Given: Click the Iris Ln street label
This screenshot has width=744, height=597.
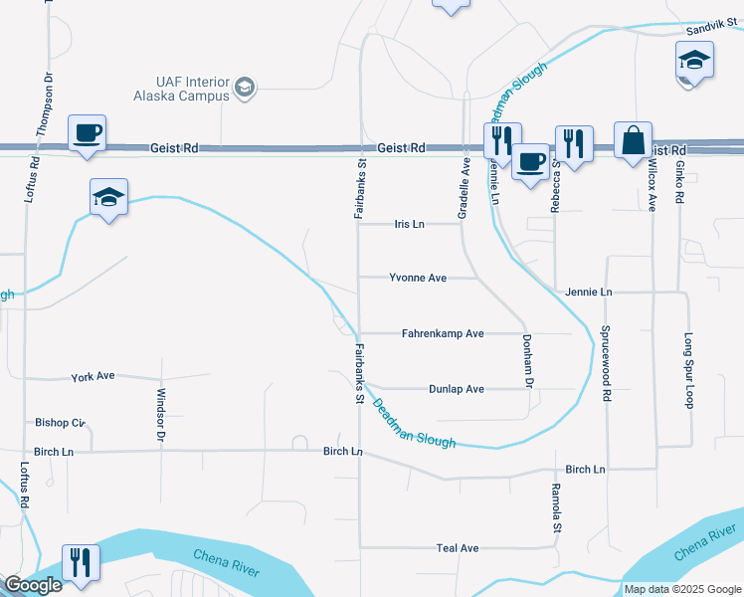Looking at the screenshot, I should coord(409,225).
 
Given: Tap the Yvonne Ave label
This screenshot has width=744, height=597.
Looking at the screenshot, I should coord(417,279).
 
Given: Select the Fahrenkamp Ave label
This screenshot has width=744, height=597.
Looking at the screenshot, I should coord(443,333).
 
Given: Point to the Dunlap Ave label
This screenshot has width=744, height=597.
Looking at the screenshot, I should coord(457,389).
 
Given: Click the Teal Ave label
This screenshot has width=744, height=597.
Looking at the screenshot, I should coord(458,548).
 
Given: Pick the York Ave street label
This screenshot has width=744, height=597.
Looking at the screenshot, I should coord(93,377).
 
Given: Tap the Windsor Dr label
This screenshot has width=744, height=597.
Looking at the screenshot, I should coord(160,414).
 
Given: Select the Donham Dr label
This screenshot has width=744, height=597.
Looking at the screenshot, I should coord(529,360).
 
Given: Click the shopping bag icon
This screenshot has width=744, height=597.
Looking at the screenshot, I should coord(633,140).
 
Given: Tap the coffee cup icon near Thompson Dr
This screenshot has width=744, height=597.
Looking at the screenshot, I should coord(87,133).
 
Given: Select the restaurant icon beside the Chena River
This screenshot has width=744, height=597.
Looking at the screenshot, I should coord(80,562).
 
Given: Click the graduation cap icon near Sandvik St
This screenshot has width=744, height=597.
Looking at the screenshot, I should coord(695,62).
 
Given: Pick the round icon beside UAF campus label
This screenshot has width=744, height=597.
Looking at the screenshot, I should coord(245,90).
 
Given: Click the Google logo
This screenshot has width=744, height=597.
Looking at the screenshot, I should coord(33,585).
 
